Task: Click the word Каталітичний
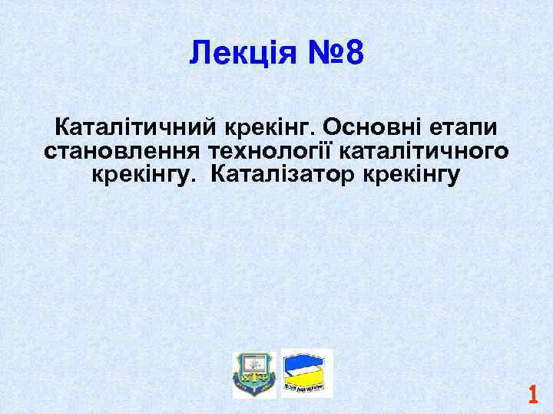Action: (134, 126)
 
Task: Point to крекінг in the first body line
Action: (273, 126)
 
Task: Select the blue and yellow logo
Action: (308, 373)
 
